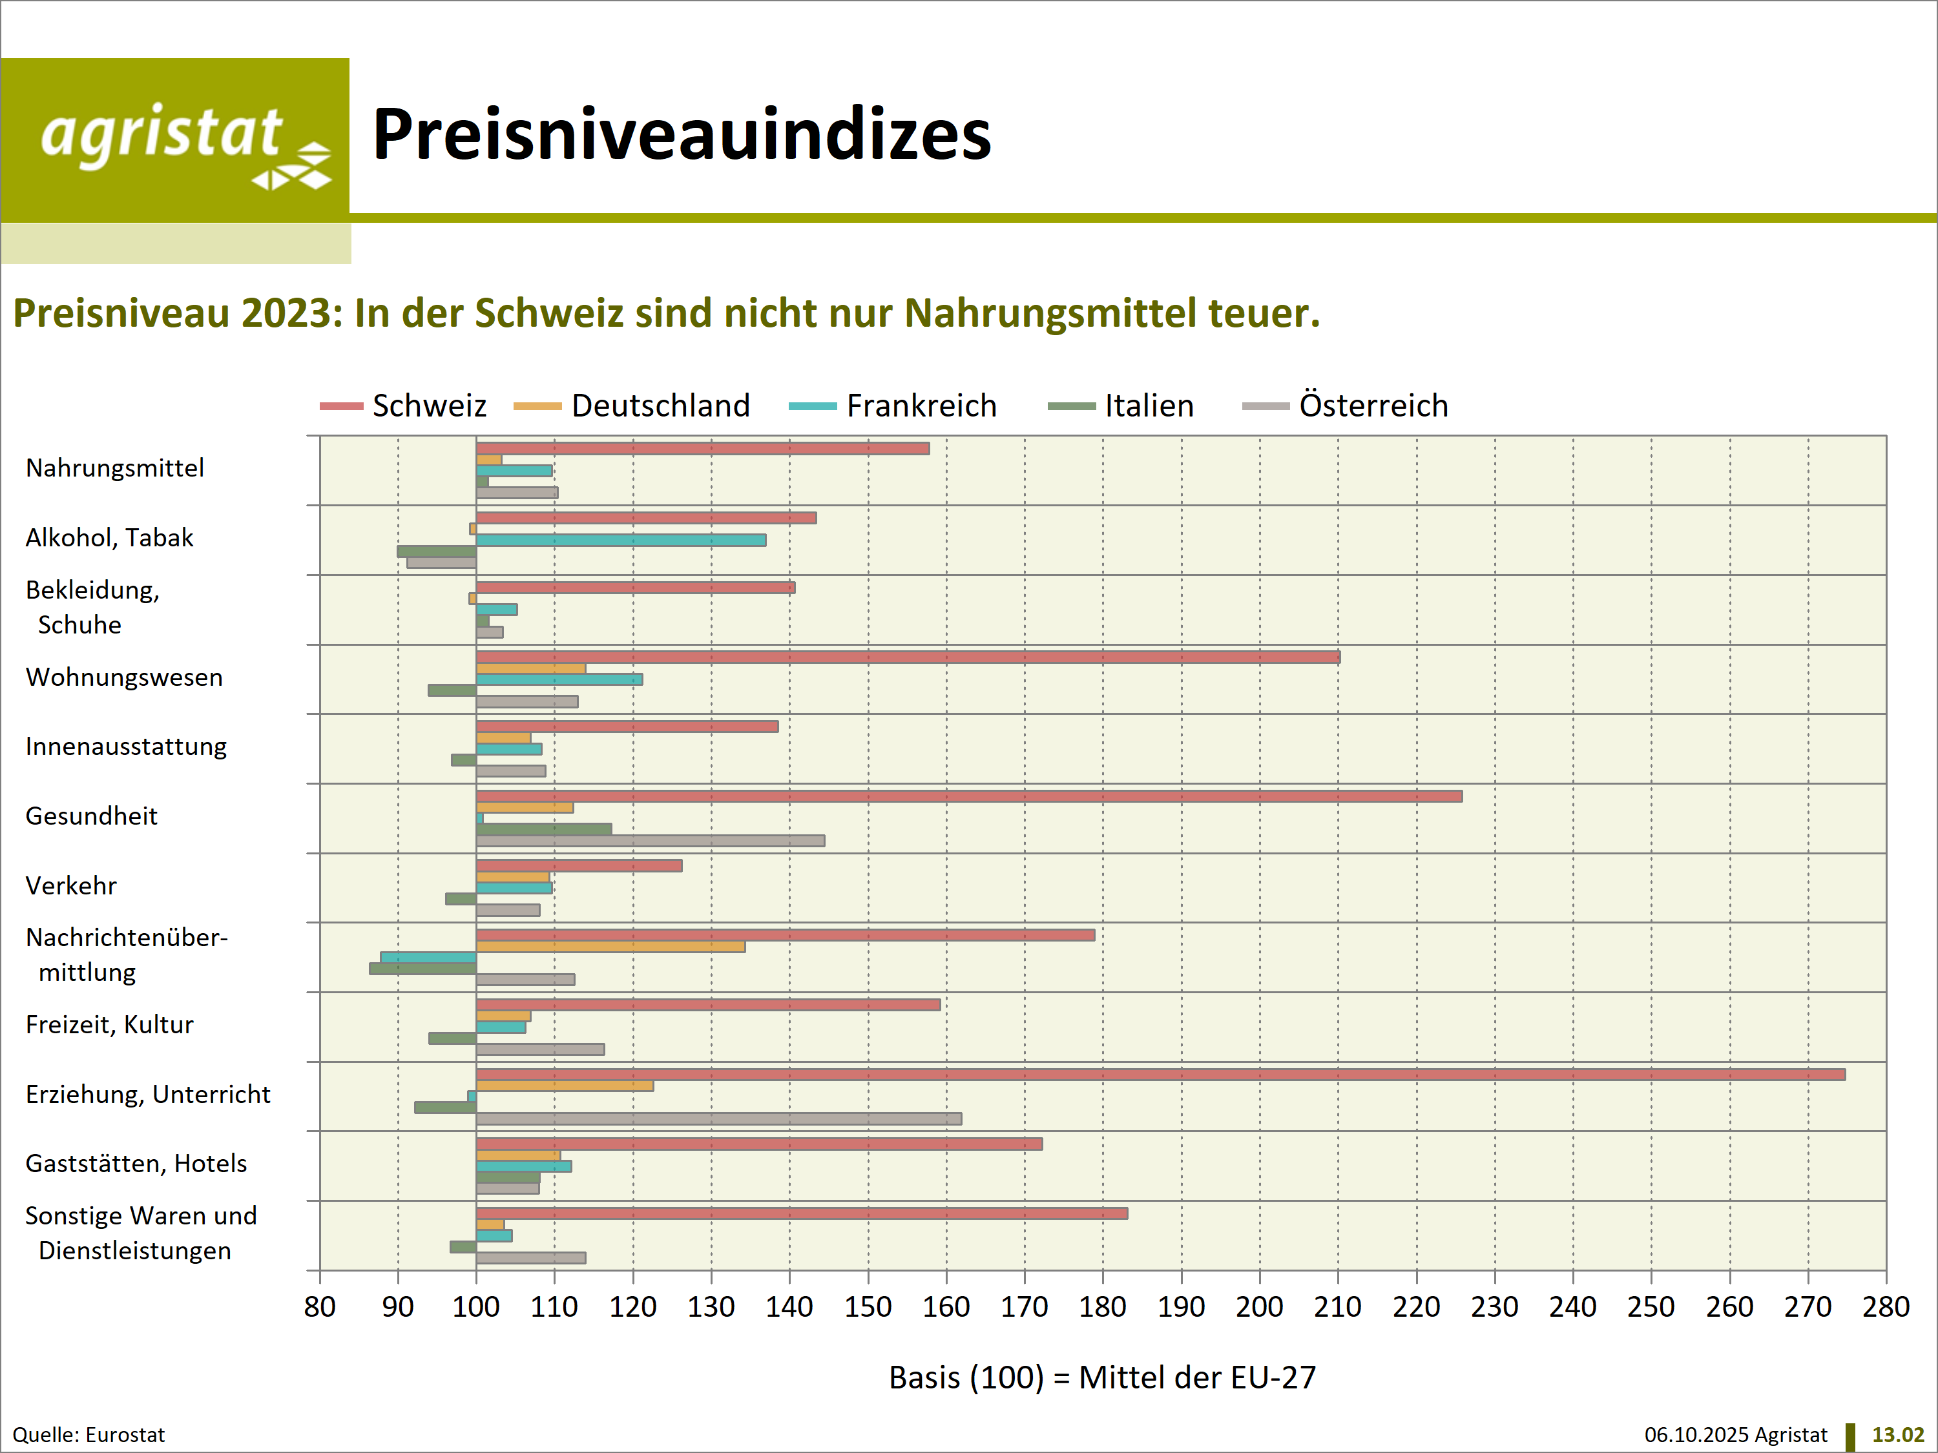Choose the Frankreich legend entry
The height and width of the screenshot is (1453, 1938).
pyautogui.click(x=893, y=406)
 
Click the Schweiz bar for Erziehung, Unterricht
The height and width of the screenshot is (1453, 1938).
pyautogui.click(x=1160, y=1075)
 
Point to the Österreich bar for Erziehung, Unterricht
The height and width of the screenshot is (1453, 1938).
pyautogui.click(x=718, y=1118)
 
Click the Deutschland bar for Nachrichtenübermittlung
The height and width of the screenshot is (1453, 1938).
pyautogui.click(x=610, y=947)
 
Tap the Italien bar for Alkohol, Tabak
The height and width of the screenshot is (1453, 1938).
pyautogui.click(x=436, y=551)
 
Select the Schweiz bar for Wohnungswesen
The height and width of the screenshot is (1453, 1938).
pyautogui.click(x=908, y=657)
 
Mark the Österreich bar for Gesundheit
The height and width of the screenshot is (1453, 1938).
pyautogui.click(x=650, y=841)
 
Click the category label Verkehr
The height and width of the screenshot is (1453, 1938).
pyautogui.click(x=71, y=885)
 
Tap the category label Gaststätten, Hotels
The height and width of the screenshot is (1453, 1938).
pyautogui.click(x=136, y=1163)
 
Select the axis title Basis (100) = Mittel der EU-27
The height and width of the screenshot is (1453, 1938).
pyautogui.click(x=1102, y=1377)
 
